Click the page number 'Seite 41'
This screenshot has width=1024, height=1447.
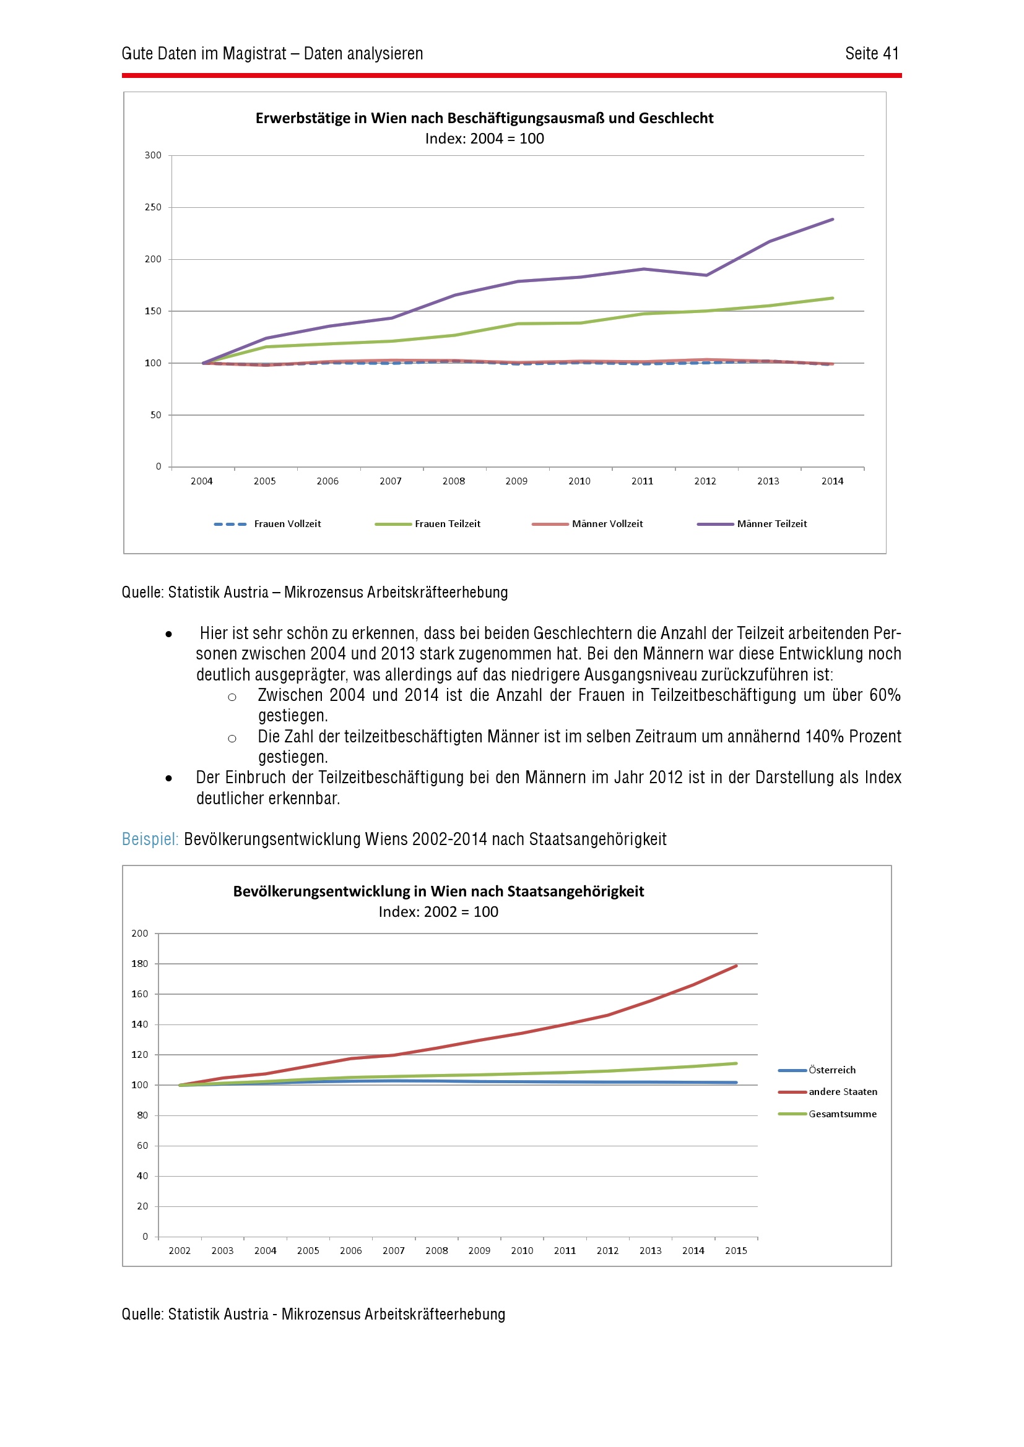pyautogui.click(x=872, y=54)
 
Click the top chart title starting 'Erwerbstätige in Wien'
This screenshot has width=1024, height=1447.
pyautogui.click(x=484, y=118)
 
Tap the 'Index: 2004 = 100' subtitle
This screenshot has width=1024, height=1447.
pyautogui.click(x=484, y=139)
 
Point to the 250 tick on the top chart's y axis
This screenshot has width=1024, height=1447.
pyautogui.click(x=152, y=207)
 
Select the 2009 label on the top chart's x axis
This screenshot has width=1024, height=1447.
pyautogui.click(x=516, y=481)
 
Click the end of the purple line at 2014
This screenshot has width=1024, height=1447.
pyautogui.click(x=832, y=220)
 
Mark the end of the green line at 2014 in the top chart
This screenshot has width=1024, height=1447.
pyautogui.click(x=832, y=298)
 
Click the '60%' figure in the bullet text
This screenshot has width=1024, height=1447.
pyautogui.click(x=885, y=695)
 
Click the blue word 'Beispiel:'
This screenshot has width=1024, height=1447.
pyautogui.click(x=150, y=839)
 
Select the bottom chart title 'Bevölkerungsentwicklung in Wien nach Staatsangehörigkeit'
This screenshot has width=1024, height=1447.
pyautogui.click(x=438, y=891)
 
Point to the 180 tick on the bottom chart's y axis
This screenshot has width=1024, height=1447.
pyautogui.click(x=139, y=964)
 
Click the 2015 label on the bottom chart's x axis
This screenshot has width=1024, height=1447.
pyautogui.click(x=735, y=1250)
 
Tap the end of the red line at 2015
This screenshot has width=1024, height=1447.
pyautogui.click(x=736, y=966)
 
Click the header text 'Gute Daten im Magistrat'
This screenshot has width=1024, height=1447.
pyautogui.click(x=204, y=54)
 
